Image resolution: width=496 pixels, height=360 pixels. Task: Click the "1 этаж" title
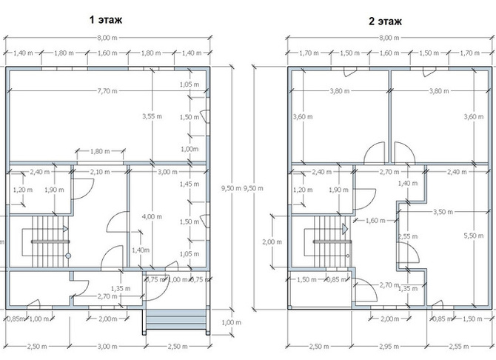[x=106, y=20]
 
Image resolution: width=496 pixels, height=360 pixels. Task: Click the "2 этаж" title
[x=385, y=21]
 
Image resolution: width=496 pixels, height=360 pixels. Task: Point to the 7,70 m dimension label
[x=107, y=91]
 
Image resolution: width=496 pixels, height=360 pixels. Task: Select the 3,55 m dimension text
[x=153, y=116]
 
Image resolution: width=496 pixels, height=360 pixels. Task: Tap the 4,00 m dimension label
[x=152, y=217]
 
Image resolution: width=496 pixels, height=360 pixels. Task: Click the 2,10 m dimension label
[x=100, y=172]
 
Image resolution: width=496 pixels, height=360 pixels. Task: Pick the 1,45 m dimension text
[x=190, y=184]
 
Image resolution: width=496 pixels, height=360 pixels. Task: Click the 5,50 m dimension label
[x=474, y=236]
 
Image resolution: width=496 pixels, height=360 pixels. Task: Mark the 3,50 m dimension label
[x=443, y=212]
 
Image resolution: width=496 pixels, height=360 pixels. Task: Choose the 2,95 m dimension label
[x=389, y=347]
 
